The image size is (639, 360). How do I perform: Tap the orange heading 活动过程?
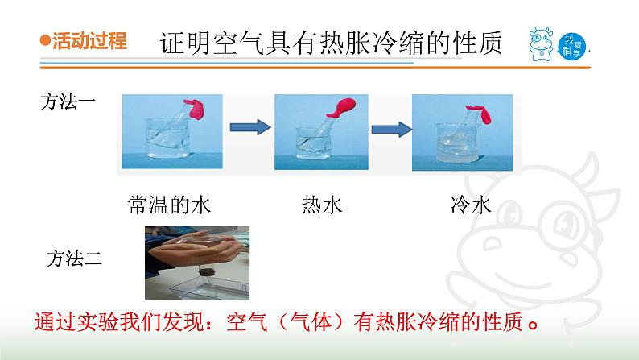[x=89, y=42]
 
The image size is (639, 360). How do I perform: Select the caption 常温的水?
[x=168, y=205]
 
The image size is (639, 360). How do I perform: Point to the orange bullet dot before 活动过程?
[x=45, y=43]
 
